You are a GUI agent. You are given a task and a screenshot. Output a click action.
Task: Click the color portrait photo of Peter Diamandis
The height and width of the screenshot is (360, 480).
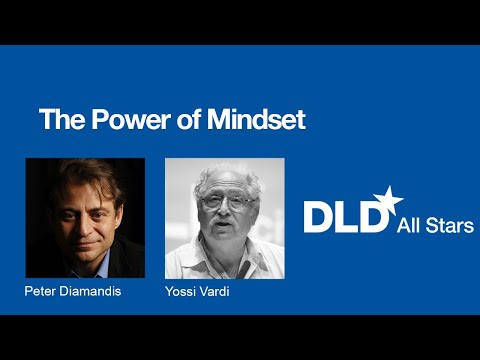pos(85,218)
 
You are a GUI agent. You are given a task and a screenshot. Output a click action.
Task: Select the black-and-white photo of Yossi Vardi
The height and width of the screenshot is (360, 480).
pos(224,218)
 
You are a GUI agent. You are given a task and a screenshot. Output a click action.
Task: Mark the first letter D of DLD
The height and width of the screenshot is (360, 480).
pos(319,216)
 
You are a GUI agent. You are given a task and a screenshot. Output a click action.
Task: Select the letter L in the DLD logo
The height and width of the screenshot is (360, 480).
pos(345,216)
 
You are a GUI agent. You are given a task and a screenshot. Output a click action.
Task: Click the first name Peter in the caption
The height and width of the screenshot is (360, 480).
pos(41,292)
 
